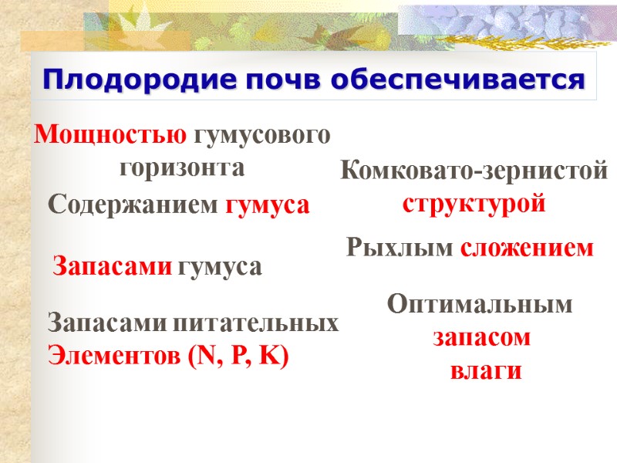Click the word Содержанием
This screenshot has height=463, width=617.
pyautogui.click(x=133, y=204)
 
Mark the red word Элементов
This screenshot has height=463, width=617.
pyautogui.click(x=115, y=356)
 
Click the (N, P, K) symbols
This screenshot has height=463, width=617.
pyautogui.click(x=239, y=357)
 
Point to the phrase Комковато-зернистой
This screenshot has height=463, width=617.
pyautogui.click(x=474, y=171)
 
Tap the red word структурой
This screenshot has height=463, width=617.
pyautogui.click(x=474, y=204)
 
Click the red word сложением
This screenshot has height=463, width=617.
pyautogui.click(x=528, y=248)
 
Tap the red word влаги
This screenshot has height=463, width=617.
pyautogui.click(x=486, y=370)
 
